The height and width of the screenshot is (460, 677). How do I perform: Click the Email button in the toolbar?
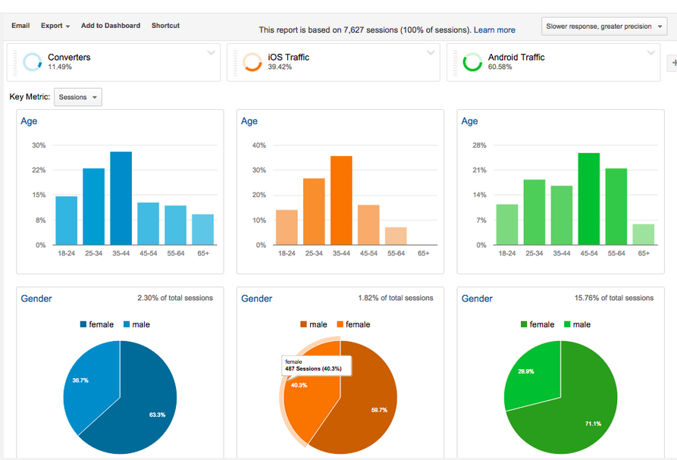point(20,26)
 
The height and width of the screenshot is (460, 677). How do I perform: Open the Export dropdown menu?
point(55,26)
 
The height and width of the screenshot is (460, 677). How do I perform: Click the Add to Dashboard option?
point(111,26)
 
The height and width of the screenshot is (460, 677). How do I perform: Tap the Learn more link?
point(494,30)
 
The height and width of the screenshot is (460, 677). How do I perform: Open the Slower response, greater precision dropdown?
point(604,27)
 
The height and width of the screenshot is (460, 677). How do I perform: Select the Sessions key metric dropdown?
point(78,97)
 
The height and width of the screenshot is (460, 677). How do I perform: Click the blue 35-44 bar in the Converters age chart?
point(121,198)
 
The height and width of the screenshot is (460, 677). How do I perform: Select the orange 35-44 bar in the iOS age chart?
point(341,200)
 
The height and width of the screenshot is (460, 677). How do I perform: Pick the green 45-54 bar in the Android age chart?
point(589,199)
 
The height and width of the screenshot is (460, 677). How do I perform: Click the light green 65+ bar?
point(644,234)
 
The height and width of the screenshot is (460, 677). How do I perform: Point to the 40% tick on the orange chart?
point(259,146)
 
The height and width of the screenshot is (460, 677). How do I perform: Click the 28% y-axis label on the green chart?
point(479,146)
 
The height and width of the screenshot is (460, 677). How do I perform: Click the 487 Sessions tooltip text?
point(313,368)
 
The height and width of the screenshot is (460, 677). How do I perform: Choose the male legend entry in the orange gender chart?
point(314,324)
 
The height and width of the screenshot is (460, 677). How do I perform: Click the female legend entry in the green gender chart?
point(538,324)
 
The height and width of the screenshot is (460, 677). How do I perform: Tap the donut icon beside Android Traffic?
point(472,62)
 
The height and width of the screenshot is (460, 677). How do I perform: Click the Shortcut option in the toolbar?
point(165,26)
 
